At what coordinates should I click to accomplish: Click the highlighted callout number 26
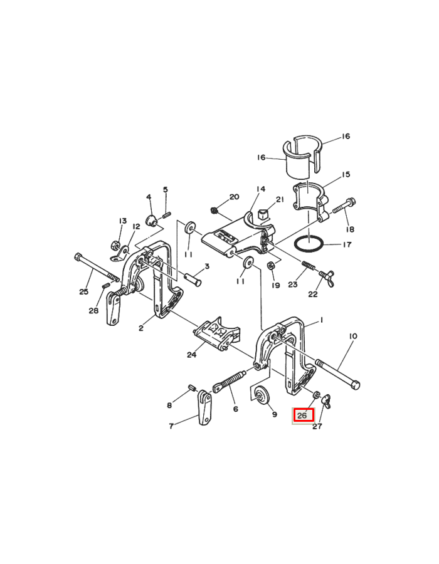click(302, 416)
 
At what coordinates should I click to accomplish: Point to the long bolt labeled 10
click(337, 373)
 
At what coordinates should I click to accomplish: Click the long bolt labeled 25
click(97, 267)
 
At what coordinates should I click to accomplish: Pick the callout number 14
click(261, 189)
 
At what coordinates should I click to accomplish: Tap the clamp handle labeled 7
click(204, 407)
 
